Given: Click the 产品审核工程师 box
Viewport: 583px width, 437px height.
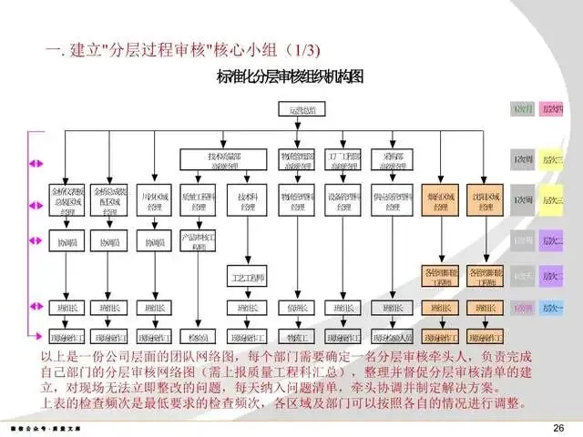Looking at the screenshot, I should (x=195, y=242).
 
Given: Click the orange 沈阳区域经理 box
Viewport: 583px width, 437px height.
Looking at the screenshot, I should (x=480, y=202).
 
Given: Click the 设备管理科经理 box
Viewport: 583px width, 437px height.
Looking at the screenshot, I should (x=344, y=202).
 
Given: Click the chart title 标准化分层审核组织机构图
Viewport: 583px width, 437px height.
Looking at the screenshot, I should (x=289, y=76).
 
